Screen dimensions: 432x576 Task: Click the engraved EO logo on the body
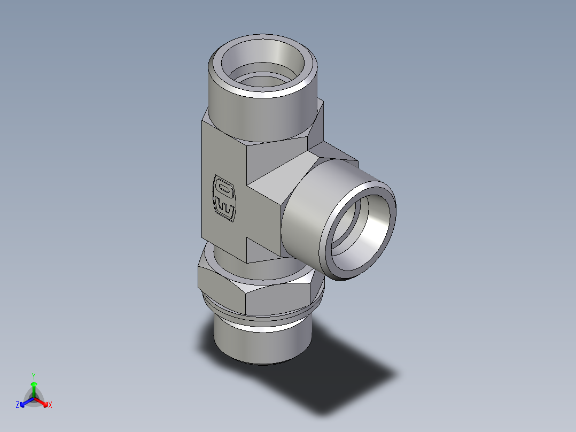coord(224,197)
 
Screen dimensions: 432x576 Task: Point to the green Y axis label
coord(33,375)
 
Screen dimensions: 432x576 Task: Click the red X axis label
coord(50,405)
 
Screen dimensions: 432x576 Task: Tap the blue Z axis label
coord(18,405)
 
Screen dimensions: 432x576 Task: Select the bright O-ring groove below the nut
coord(262,325)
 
